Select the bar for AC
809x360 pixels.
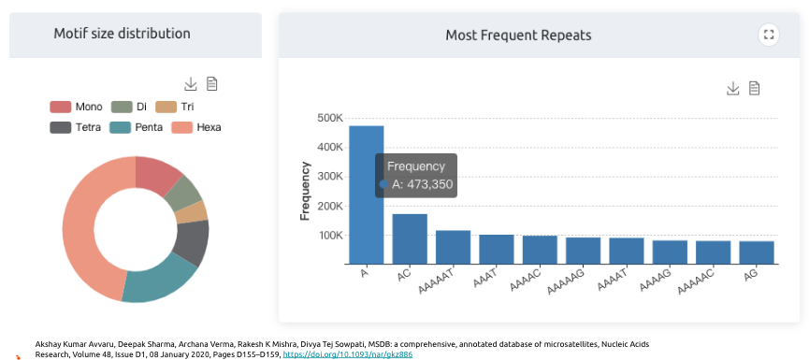[410, 238]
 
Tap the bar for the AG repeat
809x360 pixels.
[757, 252]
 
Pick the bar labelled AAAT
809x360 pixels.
[497, 250]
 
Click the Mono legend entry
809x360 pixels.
[76, 107]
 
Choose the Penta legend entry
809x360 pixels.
[137, 127]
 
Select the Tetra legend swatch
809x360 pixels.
[61, 127]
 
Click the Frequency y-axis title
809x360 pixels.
[305, 191]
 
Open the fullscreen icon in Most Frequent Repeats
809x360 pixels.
[769, 36]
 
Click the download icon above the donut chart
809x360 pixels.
[191, 83]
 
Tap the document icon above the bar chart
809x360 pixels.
[755, 88]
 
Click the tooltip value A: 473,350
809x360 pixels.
[422, 184]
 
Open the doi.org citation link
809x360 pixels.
[348, 354]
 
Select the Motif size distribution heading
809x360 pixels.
[123, 34]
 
